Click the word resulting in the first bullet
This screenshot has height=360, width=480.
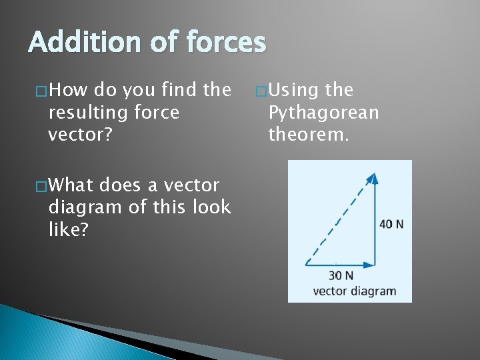(87, 112)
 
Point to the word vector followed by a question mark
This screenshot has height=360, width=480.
(75, 135)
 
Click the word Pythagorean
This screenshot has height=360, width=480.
(323, 112)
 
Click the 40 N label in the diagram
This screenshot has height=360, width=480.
(391, 224)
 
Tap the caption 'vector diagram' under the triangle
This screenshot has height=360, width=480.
(354, 291)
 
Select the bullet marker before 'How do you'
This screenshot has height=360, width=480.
(41, 91)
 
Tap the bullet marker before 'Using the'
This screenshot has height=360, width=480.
(261, 91)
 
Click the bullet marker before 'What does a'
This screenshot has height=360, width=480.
(41, 185)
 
